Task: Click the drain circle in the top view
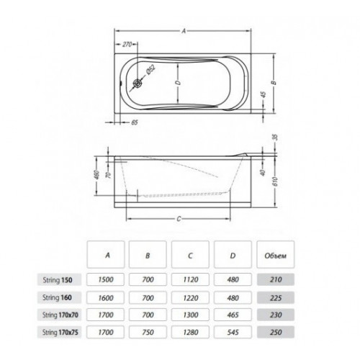point(138,83)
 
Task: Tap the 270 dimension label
point(127,45)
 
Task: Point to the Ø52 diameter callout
point(151,70)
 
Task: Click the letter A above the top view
point(184,31)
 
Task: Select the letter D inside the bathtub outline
point(178,83)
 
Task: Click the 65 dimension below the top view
point(135,122)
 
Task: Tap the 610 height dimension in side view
point(275,181)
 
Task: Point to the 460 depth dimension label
point(96,176)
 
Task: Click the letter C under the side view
point(179,219)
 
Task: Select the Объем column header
point(276,256)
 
